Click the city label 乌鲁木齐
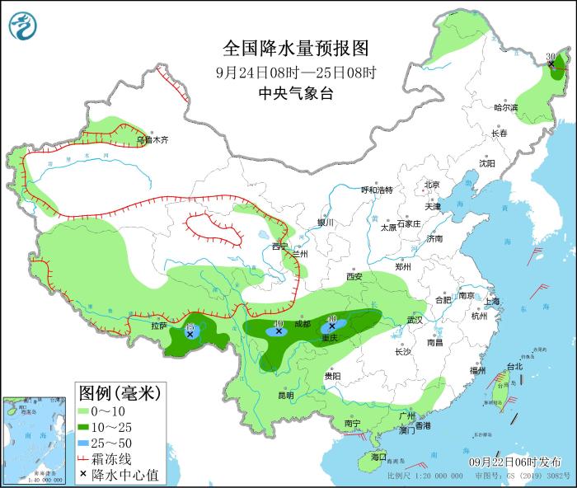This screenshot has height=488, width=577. tap(152, 140)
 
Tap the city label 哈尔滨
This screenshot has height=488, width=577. tap(505, 108)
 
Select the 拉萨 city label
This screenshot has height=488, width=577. tap(159, 326)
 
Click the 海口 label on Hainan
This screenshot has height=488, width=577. tap(378, 456)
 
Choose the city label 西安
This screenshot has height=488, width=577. tap(355, 276)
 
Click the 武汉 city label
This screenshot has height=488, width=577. tap(414, 319)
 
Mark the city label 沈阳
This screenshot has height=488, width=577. tap(487, 163)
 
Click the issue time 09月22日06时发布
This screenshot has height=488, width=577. tap(515, 462)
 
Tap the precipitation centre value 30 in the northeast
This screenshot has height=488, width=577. tap(551, 57)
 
